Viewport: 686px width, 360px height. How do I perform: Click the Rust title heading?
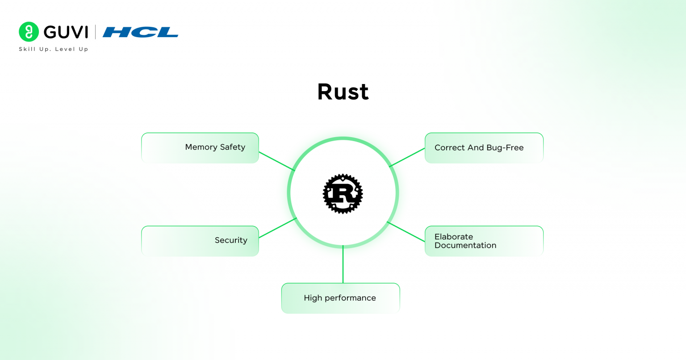click(x=343, y=92)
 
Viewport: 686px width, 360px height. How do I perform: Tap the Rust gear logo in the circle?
click(x=343, y=193)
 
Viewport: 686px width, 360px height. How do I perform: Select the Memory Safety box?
click(x=200, y=147)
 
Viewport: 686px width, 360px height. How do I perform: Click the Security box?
click(x=200, y=241)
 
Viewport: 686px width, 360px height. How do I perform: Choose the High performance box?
click(x=340, y=298)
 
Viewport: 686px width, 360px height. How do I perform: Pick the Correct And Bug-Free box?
click(x=484, y=148)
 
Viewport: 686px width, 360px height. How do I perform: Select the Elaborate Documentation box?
click(x=484, y=241)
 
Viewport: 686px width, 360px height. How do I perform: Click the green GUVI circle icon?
click(x=29, y=32)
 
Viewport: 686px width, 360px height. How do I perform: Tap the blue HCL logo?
click(x=141, y=32)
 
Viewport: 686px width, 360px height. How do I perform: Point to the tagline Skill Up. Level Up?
click(x=54, y=49)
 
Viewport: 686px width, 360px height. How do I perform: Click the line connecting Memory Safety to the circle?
click(x=277, y=161)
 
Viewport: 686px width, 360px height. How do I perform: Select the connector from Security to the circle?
click(x=277, y=228)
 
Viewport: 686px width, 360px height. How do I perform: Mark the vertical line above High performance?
click(x=343, y=265)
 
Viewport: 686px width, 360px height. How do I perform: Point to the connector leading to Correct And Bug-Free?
click(x=407, y=158)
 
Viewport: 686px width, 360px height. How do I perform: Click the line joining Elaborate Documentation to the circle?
click(x=406, y=232)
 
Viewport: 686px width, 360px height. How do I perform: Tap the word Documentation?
click(x=465, y=246)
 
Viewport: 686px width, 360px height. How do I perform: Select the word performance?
click(x=350, y=298)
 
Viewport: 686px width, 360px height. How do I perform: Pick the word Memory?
click(x=201, y=147)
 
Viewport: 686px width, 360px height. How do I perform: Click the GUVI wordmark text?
click(x=66, y=32)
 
